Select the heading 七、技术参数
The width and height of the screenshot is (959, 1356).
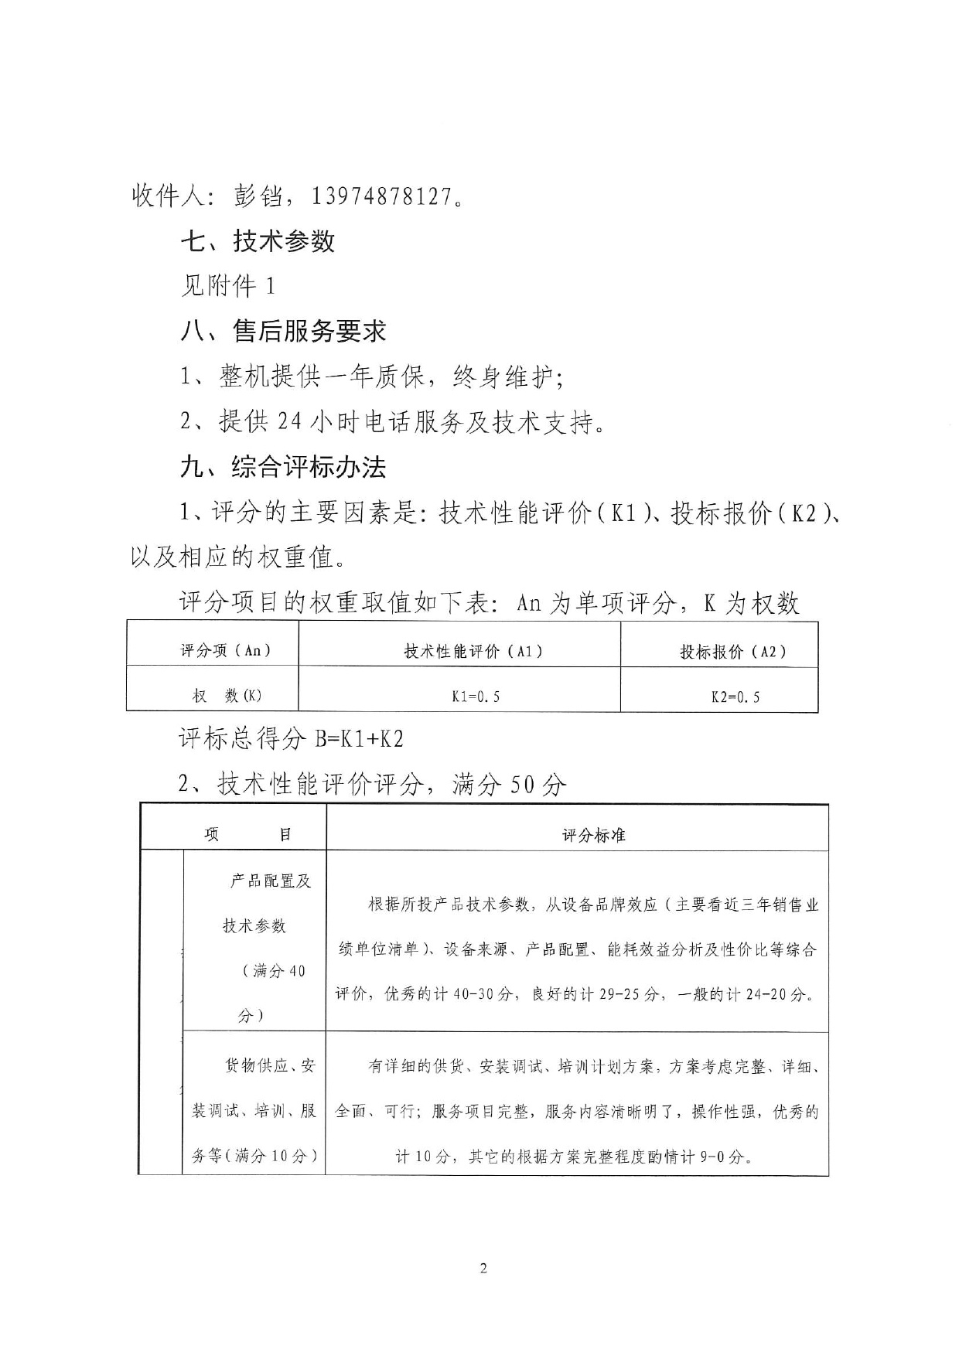258,241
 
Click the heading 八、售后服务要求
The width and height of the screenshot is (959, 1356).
283,332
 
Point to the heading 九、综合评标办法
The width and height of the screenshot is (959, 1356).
283,467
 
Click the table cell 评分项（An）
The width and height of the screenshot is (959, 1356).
226,650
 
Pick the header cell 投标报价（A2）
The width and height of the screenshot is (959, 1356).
732,652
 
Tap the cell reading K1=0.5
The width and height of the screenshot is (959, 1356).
476,697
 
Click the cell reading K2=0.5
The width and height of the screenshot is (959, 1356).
735,697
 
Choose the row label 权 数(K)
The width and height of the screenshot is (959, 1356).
227,696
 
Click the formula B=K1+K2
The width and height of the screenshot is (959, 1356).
359,739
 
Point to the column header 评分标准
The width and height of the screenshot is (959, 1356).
593,835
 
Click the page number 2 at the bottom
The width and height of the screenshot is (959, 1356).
484,1268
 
